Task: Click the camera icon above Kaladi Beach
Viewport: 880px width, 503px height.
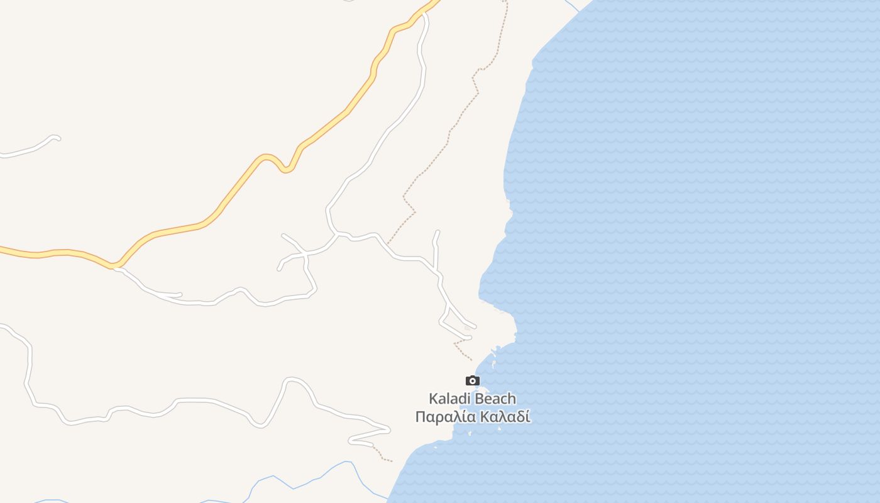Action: (x=472, y=380)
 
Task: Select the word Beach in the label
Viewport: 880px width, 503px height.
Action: (x=495, y=399)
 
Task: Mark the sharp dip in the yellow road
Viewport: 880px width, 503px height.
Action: (x=286, y=169)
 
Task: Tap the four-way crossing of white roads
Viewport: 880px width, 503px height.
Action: (x=305, y=254)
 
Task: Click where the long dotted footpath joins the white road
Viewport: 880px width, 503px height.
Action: (x=388, y=244)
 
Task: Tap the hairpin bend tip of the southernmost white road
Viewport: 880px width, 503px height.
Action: (x=388, y=430)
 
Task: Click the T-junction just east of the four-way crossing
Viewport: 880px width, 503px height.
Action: (x=338, y=235)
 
